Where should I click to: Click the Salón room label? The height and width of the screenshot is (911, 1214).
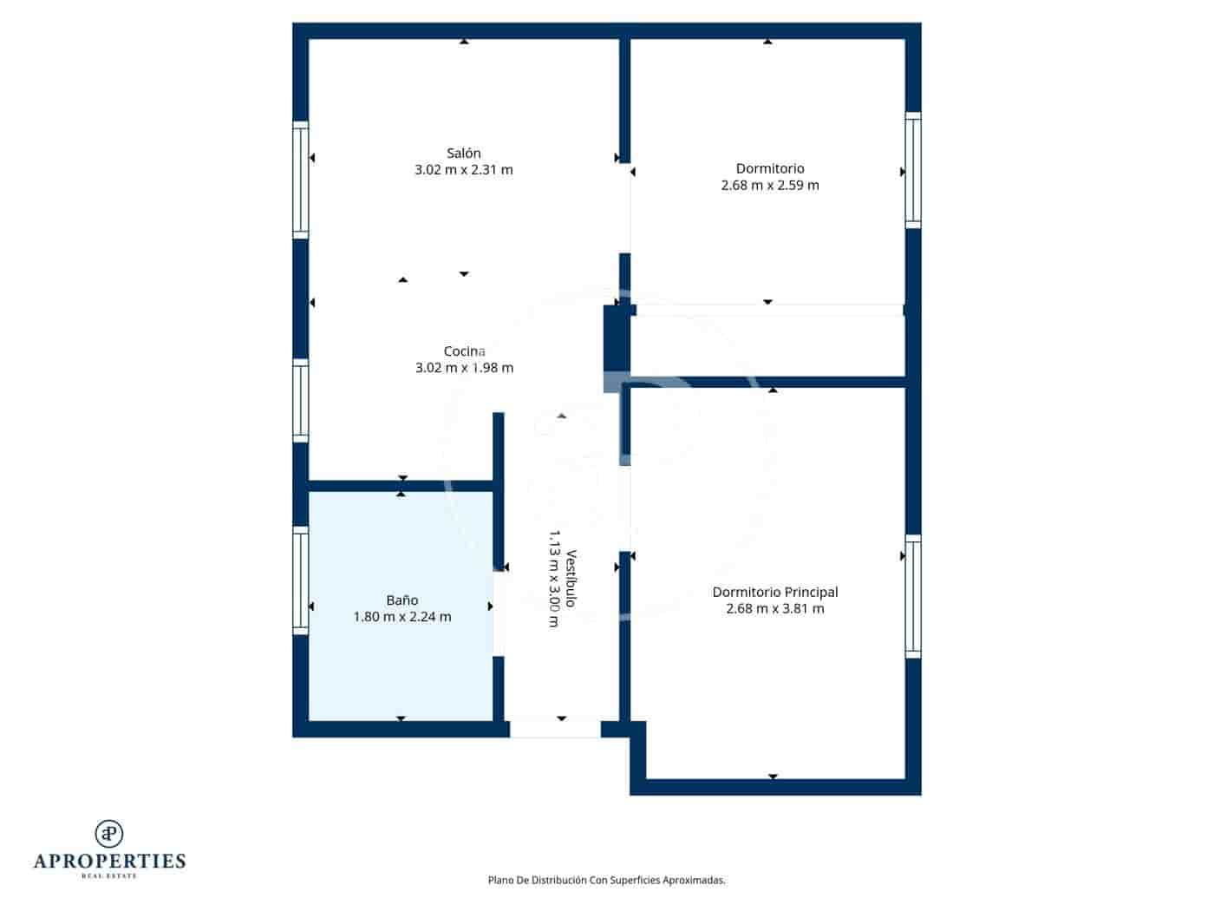[464, 154]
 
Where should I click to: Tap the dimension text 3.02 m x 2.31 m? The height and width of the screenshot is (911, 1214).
[464, 170]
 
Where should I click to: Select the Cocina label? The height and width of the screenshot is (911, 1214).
[464, 351]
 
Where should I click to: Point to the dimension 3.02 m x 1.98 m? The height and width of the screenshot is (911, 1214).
[464, 368]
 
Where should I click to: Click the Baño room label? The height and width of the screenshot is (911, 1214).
[402, 600]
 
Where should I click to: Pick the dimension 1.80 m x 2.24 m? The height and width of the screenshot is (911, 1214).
[402, 617]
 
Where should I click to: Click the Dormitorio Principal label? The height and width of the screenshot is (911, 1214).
[774, 593]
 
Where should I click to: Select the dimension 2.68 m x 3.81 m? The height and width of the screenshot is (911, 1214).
[774, 609]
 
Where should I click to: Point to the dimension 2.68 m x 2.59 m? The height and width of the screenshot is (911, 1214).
[770, 185]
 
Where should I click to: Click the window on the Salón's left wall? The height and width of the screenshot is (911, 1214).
[301, 180]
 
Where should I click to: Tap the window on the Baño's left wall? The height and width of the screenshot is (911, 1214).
[301, 580]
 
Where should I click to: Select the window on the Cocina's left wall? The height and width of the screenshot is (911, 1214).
[301, 400]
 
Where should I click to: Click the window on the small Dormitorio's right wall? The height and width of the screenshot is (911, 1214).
[913, 170]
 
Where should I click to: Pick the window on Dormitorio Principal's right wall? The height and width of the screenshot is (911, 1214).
[913, 596]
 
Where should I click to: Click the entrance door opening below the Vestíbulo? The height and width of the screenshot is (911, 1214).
[555, 729]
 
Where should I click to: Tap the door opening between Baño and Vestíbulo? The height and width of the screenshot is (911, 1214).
[499, 613]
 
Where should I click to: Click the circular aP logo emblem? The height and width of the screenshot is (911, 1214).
[109, 833]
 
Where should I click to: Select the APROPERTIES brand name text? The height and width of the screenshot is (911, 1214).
[109, 861]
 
